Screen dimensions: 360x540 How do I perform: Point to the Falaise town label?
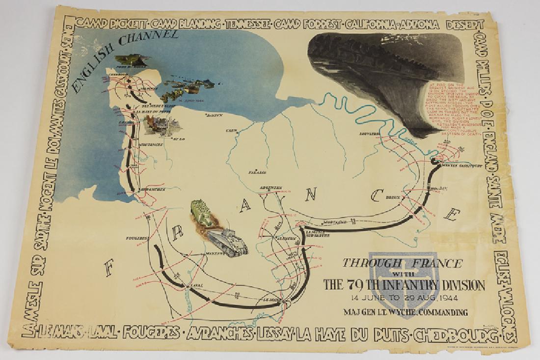point(260,173)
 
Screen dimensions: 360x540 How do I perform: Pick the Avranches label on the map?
point(153,189)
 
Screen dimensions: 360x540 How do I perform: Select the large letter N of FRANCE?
point(311,195)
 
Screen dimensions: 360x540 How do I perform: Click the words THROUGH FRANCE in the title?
point(402,263)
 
